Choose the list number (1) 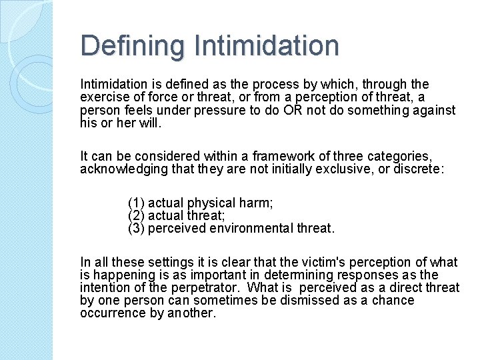coord(136,203)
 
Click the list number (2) coord(136,215)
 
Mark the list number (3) coord(136,228)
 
